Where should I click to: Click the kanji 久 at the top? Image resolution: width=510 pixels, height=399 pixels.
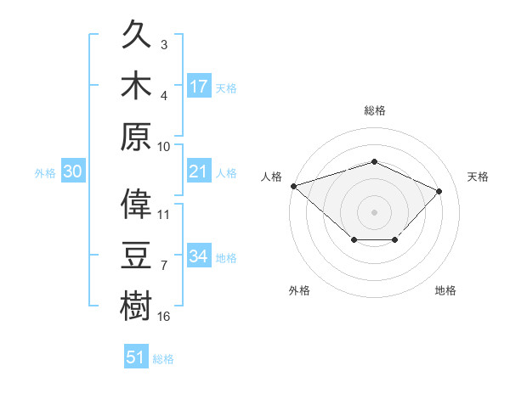pos(138,37)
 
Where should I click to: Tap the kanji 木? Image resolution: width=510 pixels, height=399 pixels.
pos(138,85)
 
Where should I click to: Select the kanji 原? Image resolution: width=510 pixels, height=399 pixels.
pos(138,134)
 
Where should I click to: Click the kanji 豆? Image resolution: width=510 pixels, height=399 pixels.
pos(138,254)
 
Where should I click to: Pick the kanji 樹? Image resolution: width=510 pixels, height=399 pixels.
pos(138,303)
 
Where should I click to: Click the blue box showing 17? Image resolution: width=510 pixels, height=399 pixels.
pos(199,86)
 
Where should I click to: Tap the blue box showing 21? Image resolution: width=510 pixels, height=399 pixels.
pos(199,171)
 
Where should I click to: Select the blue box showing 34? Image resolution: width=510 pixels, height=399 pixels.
pos(199,256)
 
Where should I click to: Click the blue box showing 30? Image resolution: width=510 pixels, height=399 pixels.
pos(72,171)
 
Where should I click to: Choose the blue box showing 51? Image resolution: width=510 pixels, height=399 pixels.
pos(136,357)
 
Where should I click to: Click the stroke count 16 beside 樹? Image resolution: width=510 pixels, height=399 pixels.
pos(164,317)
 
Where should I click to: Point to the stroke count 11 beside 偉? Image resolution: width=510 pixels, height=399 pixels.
pos(164,215)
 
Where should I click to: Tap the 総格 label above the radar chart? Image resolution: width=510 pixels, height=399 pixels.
pos(374,110)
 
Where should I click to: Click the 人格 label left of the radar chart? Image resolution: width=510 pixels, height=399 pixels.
pos(271,177)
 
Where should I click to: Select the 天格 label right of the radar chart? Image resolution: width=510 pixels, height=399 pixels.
pos(478,177)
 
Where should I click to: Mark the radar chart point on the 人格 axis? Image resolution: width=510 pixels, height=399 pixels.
pos(293,185)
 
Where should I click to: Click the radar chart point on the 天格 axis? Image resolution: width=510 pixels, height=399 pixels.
pos(439,191)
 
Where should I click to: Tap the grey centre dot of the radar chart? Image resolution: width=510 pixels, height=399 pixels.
pos(374,211)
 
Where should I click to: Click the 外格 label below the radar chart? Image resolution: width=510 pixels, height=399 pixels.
pos(299,290)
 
